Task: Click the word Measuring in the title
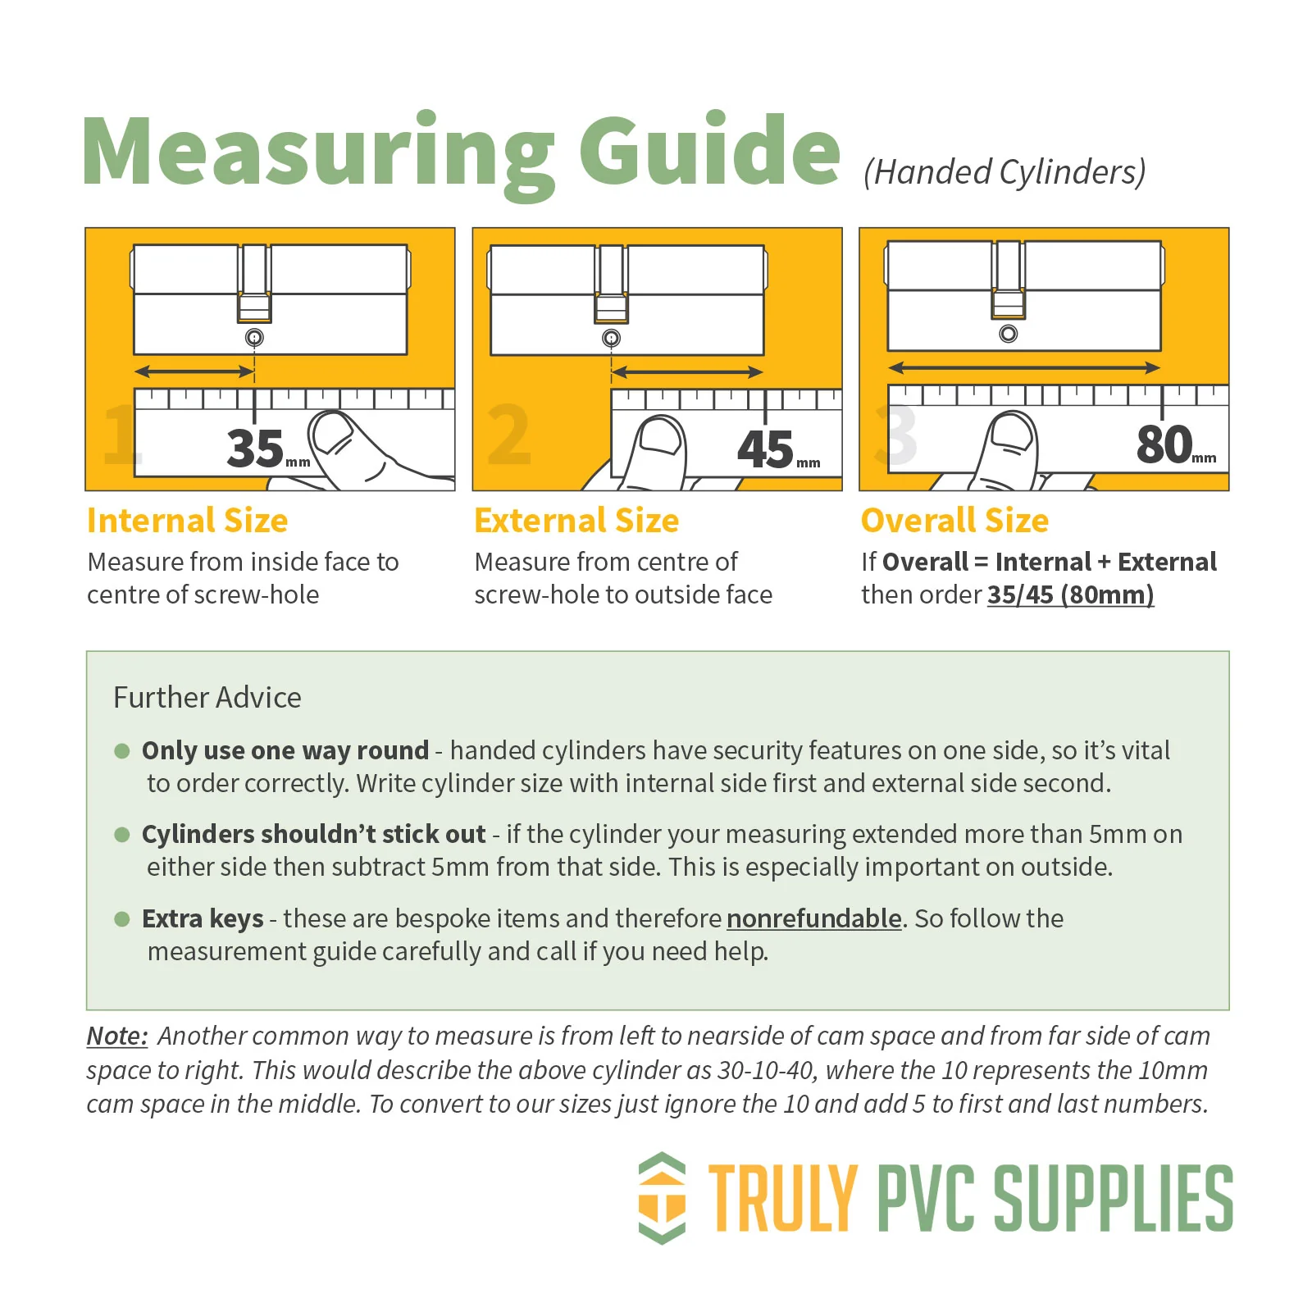pos(318,154)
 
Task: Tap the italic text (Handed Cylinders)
pos(1004,172)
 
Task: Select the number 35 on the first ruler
pos(255,448)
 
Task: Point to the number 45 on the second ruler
pos(765,449)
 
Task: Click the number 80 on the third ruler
pos(1164,444)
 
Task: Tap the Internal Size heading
pos(188,521)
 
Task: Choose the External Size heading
pos(576,521)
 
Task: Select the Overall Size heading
pos(954,521)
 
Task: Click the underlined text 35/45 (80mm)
pos(1070,594)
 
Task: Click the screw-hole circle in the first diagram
pos(254,337)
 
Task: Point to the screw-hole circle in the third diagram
pos(1009,334)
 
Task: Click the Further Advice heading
pos(207,697)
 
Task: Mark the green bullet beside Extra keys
pos(122,918)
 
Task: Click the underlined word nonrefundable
pos(814,918)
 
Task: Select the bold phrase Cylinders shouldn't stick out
pos(314,834)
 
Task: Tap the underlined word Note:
pos(117,1036)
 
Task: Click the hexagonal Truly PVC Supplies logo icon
pos(662,1198)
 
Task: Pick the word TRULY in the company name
pos(783,1198)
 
